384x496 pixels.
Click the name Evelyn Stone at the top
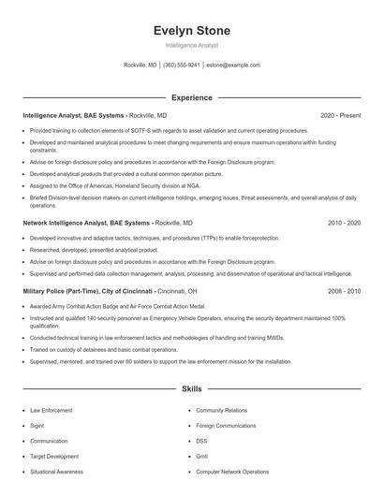click(191, 31)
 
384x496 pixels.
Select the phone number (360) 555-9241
click(182, 66)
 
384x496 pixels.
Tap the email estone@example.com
click(233, 66)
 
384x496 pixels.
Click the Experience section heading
click(191, 97)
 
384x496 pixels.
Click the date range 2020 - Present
click(340, 115)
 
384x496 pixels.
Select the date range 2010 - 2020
click(344, 224)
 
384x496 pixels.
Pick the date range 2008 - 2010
click(344, 291)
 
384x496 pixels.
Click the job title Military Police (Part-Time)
click(66, 291)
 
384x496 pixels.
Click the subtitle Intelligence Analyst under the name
click(191, 45)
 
